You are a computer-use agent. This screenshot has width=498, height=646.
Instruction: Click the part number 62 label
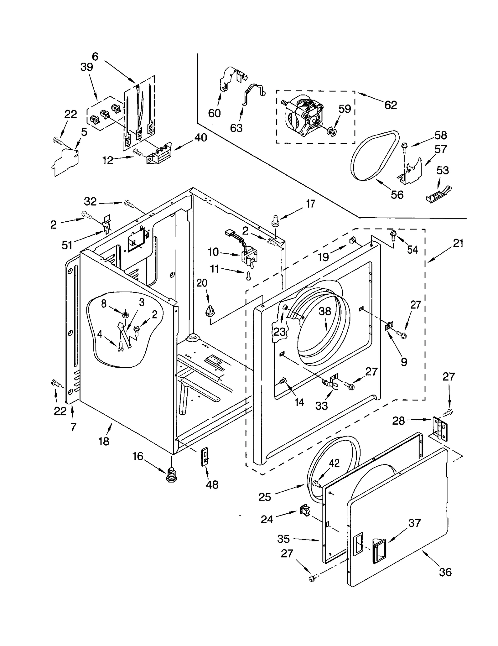[390, 105]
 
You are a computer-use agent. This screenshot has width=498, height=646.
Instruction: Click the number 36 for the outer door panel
[445, 572]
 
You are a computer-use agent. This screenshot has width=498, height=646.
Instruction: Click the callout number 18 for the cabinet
[104, 441]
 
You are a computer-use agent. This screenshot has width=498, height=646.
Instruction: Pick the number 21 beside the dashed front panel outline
[458, 243]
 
